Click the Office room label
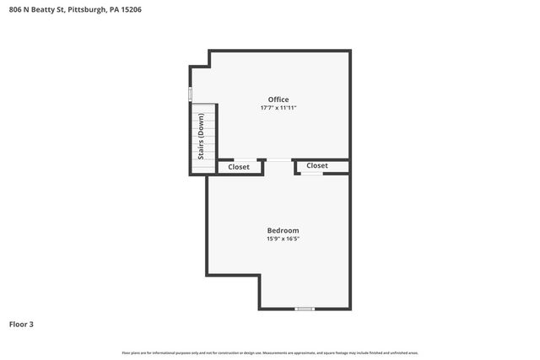tap(278, 99)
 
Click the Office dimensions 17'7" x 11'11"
tap(278, 108)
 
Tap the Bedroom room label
tap(283, 230)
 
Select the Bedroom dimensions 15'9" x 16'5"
tap(283, 239)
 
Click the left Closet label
tap(239, 167)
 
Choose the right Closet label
tap(317, 165)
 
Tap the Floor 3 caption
tap(21, 324)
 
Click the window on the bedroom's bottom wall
tap(305, 309)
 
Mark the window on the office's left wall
tap(191, 94)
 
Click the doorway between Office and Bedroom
tap(279, 160)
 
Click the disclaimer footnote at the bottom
tap(270, 352)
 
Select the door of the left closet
tap(242, 160)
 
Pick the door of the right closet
tap(312, 174)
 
